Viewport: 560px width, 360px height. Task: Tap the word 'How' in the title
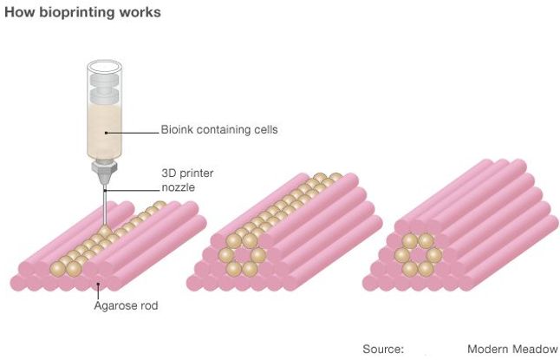coord(20,12)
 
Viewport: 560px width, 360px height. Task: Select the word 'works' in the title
coord(140,12)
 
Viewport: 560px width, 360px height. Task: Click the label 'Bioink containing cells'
coord(219,129)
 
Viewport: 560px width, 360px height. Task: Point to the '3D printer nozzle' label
coord(187,180)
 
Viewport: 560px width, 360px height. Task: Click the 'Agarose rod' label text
coord(126,305)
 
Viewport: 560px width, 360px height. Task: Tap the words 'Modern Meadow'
coord(512,349)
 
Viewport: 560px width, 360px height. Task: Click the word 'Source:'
coord(383,349)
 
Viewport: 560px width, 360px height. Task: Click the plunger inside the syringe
coord(104,88)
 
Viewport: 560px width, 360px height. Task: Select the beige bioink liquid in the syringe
coord(104,130)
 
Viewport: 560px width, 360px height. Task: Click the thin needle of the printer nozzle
coord(105,206)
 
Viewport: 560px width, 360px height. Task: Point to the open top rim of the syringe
coord(105,67)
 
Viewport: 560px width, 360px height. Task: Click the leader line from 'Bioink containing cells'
coord(132,133)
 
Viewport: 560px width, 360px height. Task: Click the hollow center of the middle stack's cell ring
coord(242,255)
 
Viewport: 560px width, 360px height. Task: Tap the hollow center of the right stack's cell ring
coord(418,255)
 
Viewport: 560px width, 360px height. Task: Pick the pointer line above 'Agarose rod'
coord(98,291)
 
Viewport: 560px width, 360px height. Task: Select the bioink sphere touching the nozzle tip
coord(105,232)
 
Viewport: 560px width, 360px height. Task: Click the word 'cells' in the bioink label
coord(266,129)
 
